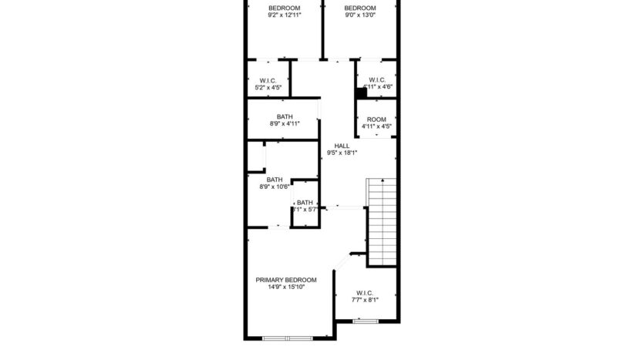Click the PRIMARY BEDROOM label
click(286, 280)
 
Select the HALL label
click(342, 146)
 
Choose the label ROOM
click(376, 119)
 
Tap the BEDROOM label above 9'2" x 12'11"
click(284, 8)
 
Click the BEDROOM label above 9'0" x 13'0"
click(359, 8)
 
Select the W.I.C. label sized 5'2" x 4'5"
click(268, 80)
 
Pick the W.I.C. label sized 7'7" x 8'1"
click(365, 293)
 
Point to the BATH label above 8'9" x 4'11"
click(285, 116)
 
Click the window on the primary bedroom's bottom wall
click(287, 338)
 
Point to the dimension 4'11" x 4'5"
click(376, 126)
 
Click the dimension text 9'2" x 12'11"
click(284, 15)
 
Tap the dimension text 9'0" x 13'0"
click(359, 15)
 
